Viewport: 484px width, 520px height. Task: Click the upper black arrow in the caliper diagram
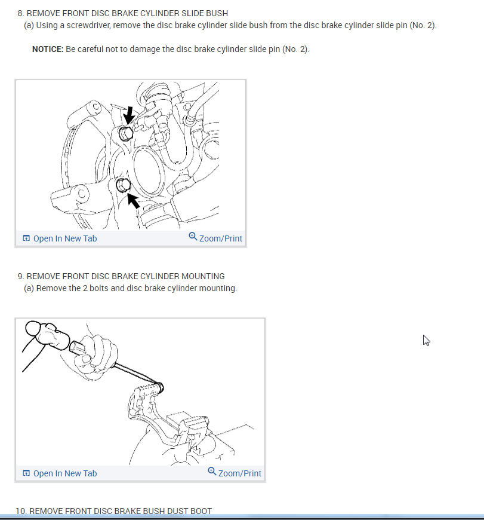pos(128,115)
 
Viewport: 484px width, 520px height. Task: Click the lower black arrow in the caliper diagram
pos(134,201)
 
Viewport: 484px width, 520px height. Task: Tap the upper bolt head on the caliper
pos(126,133)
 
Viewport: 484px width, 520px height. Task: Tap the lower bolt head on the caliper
pos(123,185)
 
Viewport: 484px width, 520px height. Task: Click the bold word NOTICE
pos(48,49)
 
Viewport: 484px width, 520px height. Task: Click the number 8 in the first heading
pos(20,13)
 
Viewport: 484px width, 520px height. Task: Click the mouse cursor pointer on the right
pos(426,340)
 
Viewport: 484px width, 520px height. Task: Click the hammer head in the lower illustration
pos(47,335)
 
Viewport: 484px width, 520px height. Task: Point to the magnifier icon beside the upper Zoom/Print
pos(193,237)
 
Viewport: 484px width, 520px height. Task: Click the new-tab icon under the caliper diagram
pos(26,238)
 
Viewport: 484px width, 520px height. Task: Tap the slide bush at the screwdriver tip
pos(159,387)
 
